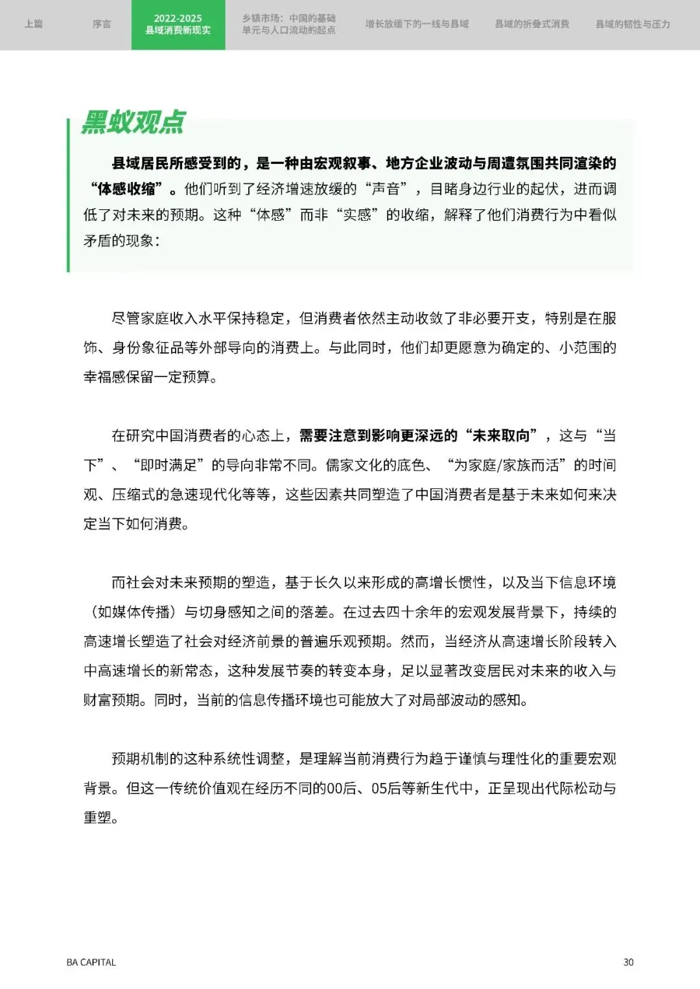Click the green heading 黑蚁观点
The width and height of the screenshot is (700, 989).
(x=134, y=122)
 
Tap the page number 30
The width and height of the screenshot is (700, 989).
(x=628, y=962)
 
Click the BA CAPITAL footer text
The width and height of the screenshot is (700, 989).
(x=91, y=962)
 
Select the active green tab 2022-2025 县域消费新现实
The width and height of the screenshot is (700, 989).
(x=178, y=25)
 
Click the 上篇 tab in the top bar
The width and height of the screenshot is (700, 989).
(x=34, y=24)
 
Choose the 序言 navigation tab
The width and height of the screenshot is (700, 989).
(x=102, y=24)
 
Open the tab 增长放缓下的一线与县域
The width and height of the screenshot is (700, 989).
(x=417, y=24)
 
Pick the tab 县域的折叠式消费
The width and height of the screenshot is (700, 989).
(x=532, y=24)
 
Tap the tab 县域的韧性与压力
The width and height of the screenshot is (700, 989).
(x=633, y=24)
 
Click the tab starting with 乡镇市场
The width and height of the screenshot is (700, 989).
(x=289, y=24)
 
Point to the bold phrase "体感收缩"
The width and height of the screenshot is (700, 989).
(x=126, y=189)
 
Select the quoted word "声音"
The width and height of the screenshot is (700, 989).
(x=387, y=189)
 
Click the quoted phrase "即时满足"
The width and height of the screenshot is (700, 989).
(x=169, y=465)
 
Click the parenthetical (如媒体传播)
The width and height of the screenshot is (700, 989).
(x=134, y=612)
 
